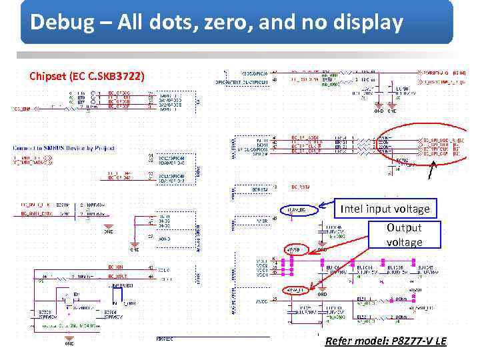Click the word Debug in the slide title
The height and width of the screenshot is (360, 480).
(x=57, y=23)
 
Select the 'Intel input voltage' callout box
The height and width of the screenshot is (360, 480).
(x=385, y=209)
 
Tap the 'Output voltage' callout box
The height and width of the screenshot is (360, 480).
(x=404, y=235)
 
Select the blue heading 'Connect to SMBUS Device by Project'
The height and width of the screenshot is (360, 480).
(x=63, y=148)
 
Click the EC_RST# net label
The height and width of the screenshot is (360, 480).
(x=301, y=187)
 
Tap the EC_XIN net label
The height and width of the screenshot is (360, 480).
(x=117, y=267)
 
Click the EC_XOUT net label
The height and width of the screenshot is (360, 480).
(x=118, y=275)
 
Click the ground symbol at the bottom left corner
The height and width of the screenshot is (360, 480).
(x=69, y=343)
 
